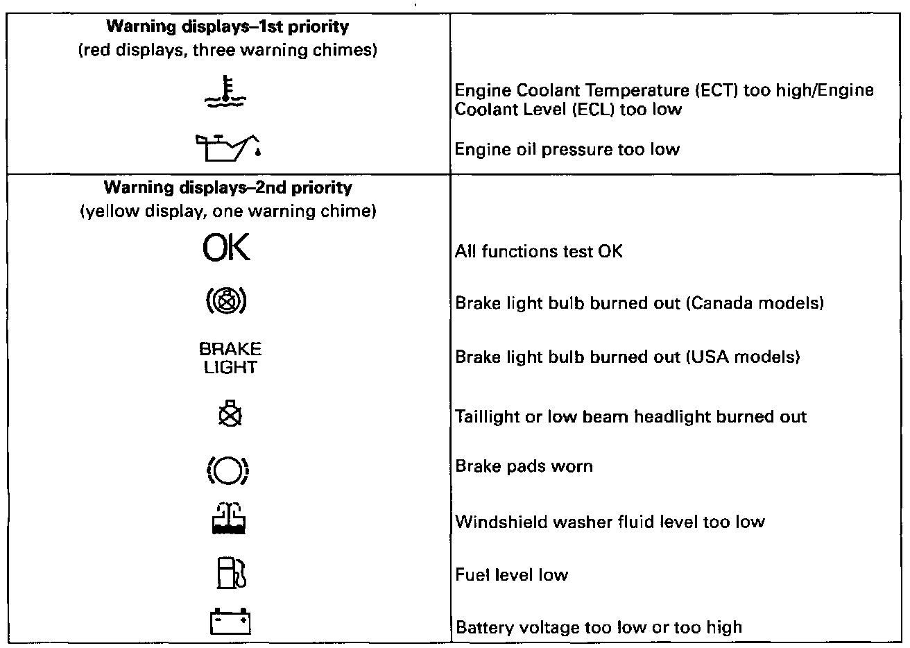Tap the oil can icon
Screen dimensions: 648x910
click(228, 146)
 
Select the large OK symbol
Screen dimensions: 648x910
click(226, 248)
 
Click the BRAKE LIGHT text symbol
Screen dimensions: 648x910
click(230, 357)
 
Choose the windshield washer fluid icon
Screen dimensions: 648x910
click(228, 518)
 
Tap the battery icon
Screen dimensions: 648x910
click(229, 622)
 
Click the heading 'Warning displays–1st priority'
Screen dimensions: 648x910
click(227, 28)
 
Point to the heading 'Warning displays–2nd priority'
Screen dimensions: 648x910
click(227, 187)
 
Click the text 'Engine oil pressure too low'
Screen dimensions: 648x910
click(567, 149)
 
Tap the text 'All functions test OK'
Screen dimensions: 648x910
click(538, 251)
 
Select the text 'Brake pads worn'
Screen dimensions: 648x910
click(524, 466)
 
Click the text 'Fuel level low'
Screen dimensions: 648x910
click(511, 574)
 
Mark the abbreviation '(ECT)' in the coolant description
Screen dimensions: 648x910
click(669, 90)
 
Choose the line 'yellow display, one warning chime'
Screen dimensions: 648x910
click(228, 211)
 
